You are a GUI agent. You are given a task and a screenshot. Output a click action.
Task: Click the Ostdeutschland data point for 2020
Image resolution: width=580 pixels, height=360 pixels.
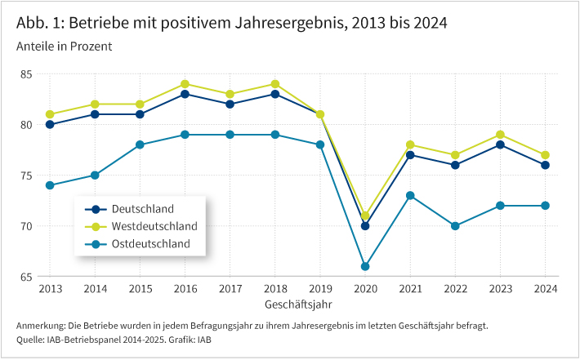point(365,266)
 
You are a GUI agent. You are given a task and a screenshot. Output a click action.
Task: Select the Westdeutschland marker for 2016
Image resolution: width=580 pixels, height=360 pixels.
point(185,84)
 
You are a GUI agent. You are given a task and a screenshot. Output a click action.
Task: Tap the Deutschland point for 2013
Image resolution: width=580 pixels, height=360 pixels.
point(50,125)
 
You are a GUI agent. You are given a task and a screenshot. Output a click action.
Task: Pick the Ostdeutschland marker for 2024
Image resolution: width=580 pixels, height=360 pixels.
point(545,206)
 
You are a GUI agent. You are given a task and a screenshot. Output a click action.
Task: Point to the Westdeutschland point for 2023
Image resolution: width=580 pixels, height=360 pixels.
point(500,135)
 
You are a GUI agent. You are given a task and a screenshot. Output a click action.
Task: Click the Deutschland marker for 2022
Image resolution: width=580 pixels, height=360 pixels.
point(455,165)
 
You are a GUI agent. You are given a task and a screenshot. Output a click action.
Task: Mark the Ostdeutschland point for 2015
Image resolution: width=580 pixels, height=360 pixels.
point(140,144)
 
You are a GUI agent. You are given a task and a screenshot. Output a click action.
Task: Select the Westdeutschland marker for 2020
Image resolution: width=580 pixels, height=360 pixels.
point(365,216)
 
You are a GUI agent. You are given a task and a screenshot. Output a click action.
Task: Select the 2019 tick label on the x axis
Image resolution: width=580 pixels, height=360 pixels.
point(320,289)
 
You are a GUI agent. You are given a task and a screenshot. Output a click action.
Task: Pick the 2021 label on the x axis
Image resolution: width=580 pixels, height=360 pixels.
point(410,289)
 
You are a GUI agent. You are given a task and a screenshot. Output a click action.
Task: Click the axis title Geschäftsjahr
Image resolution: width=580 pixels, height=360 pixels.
point(297,304)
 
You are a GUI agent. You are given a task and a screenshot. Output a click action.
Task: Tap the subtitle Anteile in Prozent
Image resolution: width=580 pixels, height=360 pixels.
point(64,46)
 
